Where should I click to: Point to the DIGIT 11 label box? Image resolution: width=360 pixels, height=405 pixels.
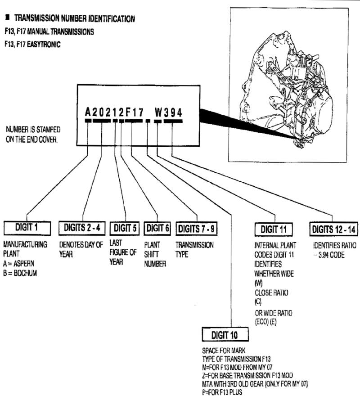pos(274,229)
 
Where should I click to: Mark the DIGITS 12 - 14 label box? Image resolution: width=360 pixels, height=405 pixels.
pos(333,229)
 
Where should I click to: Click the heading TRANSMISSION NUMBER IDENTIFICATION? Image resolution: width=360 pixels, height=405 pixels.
pos(74,19)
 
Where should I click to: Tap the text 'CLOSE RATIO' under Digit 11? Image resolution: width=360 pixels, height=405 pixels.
pos(271,293)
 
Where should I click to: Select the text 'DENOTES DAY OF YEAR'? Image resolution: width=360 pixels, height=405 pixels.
pos(81,249)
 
